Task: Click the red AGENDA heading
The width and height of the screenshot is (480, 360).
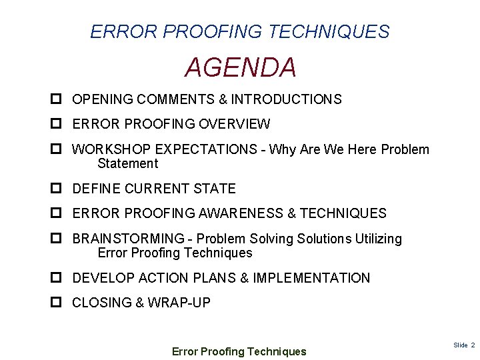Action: tap(240, 67)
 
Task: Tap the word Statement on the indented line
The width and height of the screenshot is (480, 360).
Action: tap(127, 164)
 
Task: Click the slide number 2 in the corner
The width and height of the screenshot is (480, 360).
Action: tap(473, 345)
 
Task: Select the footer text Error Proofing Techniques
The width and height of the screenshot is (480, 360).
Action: tap(239, 351)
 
